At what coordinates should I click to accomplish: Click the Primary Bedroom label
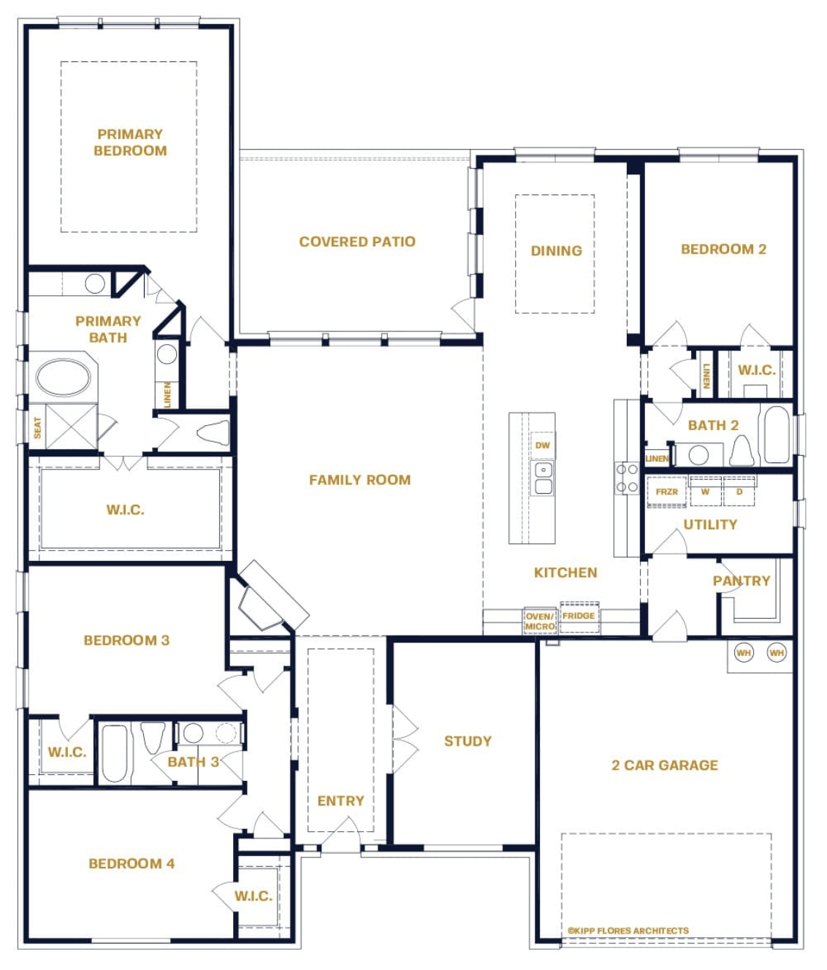pos(130,142)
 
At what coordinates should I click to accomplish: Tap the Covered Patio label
pos(357,242)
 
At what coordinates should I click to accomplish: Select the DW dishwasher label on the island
pos(543,446)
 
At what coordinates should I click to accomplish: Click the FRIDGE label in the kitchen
pos(579,616)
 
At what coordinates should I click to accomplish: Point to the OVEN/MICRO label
pos(540,622)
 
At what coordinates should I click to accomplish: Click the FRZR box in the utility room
pos(666,492)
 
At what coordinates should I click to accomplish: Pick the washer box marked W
pos(705,492)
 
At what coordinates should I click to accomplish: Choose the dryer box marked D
pos(739,492)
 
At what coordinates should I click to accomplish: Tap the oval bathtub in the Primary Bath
pos(63,378)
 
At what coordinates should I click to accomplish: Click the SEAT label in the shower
pos(37,427)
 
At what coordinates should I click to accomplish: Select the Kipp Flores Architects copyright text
pos(628,930)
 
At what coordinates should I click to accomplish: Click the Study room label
pos(468,741)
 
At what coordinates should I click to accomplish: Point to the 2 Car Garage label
pos(665,765)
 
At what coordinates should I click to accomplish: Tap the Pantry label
pos(742,581)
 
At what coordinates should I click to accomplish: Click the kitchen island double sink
pos(543,478)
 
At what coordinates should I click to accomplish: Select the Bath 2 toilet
pos(742,451)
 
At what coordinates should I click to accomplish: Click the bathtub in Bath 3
pos(115,753)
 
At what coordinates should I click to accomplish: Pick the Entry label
pos(340,801)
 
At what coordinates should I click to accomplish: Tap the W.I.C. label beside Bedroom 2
pos(757,370)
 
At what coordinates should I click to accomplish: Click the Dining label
pos(556,251)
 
